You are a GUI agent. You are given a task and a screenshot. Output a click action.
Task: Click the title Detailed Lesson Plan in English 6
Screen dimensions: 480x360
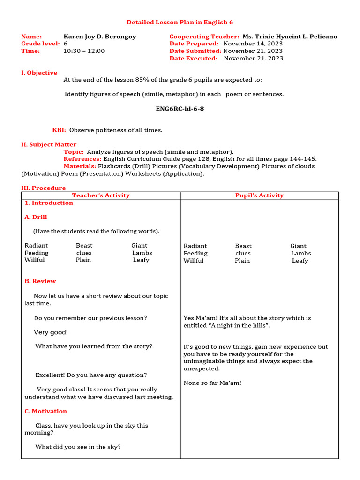click(x=180, y=22)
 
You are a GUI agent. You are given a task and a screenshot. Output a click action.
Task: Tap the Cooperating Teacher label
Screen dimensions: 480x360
click(x=204, y=37)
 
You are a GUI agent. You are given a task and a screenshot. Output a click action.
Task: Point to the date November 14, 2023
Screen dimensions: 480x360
click(x=253, y=44)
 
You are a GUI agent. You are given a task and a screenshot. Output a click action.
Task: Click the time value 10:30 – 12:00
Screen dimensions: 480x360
click(x=84, y=51)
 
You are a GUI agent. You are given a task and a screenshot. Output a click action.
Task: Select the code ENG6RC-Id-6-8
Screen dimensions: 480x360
click(x=180, y=109)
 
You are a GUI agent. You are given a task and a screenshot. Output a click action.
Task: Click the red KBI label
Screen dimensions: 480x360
click(x=59, y=130)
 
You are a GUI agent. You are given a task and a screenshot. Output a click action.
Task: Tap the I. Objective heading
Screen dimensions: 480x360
click(x=39, y=73)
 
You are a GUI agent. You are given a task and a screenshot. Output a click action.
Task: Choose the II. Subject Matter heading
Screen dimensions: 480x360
click(x=49, y=144)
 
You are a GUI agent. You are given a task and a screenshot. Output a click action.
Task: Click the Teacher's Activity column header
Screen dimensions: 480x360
click(x=101, y=195)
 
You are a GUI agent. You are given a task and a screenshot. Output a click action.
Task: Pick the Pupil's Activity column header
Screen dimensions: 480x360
click(x=259, y=195)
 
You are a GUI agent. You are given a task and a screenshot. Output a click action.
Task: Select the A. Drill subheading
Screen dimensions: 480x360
click(x=36, y=217)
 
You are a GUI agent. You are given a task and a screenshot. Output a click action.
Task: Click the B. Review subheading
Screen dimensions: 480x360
click(x=40, y=281)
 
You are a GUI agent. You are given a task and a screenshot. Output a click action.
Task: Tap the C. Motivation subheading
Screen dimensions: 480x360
click(x=46, y=411)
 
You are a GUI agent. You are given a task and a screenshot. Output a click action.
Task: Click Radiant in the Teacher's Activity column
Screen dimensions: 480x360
click(x=36, y=246)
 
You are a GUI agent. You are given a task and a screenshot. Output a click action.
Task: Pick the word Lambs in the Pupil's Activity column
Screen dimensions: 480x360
click(x=301, y=253)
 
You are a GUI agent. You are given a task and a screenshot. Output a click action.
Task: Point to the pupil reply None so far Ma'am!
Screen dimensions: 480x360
click(x=212, y=383)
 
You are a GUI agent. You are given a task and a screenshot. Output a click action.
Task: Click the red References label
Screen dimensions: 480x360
click(x=82, y=159)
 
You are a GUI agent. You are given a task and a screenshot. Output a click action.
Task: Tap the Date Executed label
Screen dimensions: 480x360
click(x=194, y=59)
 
